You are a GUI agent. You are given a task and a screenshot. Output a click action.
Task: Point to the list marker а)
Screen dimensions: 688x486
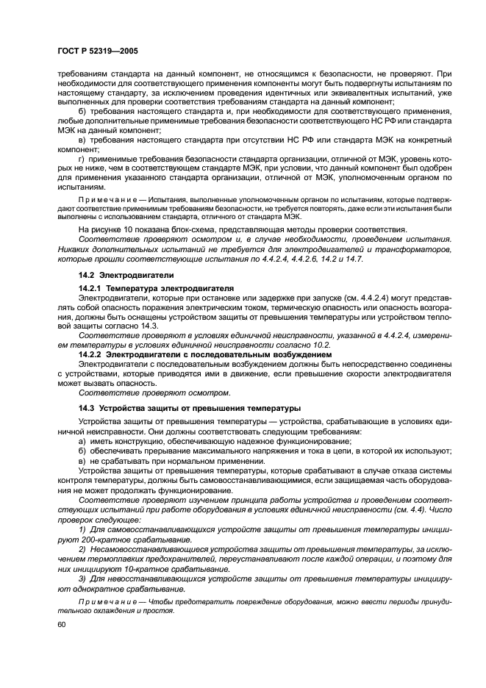click(81, 440)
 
